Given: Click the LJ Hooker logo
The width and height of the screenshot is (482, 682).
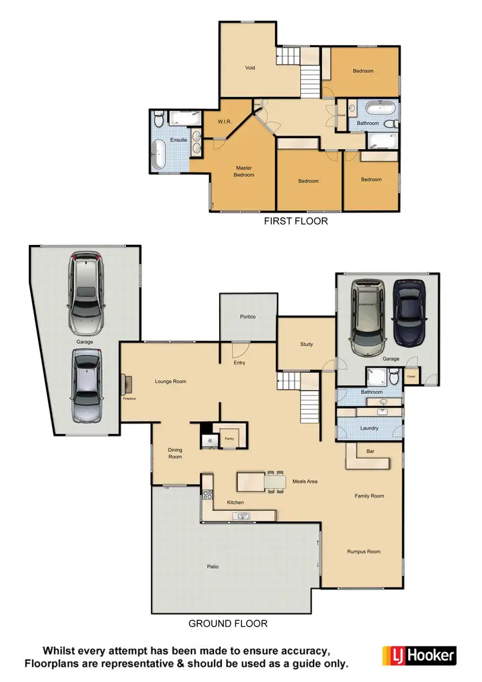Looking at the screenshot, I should click(419, 656).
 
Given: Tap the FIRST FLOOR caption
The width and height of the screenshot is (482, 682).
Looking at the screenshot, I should click(296, 221).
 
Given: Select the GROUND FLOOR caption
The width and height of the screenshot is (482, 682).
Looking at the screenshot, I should click(228, 624).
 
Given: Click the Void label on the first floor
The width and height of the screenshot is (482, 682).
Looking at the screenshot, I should click(251, 67).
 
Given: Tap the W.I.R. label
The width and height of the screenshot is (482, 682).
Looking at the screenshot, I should click(224, 121).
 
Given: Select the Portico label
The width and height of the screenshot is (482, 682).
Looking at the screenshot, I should click(248, 317).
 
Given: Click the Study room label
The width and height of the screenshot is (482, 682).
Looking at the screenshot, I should click(307, 345).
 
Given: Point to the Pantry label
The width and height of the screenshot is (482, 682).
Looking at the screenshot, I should click(228, 440).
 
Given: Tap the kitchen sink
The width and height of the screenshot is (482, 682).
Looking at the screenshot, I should click(242, 516).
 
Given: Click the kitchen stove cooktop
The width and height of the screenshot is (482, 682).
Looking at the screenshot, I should click(208, 494).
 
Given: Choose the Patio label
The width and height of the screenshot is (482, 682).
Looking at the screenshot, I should click(213, 566).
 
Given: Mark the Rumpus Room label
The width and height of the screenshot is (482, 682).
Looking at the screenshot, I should click(364, 552).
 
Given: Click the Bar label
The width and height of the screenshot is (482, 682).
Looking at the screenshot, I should click(370, 451).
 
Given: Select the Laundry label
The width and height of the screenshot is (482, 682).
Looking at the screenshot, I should click(369, 428).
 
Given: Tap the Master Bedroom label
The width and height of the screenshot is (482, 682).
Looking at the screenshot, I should click(244, 171).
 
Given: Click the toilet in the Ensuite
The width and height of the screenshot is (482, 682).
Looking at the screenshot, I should click(159, 120).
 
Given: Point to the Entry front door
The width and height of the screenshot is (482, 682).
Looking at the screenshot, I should click(240, 348).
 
